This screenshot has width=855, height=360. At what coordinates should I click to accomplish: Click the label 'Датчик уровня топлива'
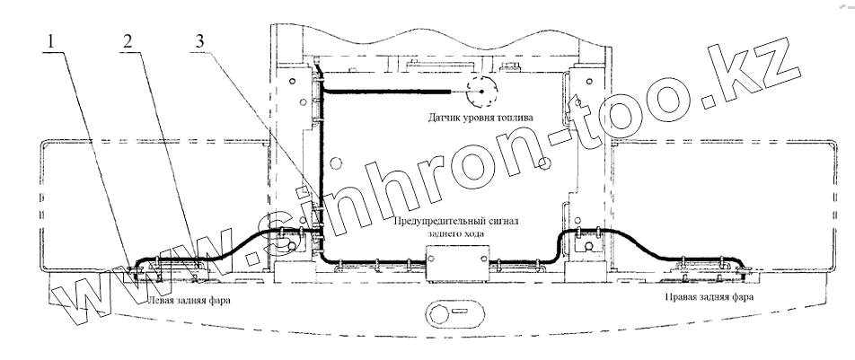(x=480, y=118)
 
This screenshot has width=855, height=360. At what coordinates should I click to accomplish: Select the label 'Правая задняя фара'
(x=710, y=297)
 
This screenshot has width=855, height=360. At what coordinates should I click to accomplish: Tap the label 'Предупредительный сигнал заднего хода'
(x=456, y=227)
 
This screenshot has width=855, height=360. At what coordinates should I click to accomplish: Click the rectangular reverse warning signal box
(x=457, y=262)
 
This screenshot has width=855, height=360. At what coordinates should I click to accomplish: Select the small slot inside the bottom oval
(x=459, y=312)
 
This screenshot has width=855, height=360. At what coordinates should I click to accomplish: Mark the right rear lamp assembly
(x=709, y=271)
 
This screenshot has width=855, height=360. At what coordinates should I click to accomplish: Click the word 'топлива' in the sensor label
(x=515, y=118)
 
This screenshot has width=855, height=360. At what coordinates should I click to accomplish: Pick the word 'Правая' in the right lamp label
(x=683, y=297)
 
